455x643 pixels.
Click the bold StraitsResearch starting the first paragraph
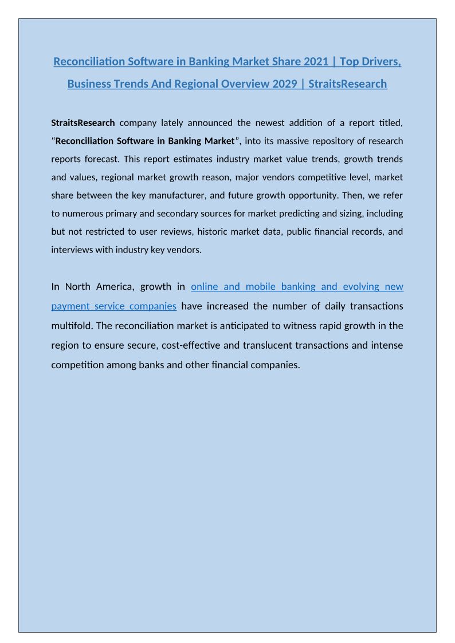pos(83,123)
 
